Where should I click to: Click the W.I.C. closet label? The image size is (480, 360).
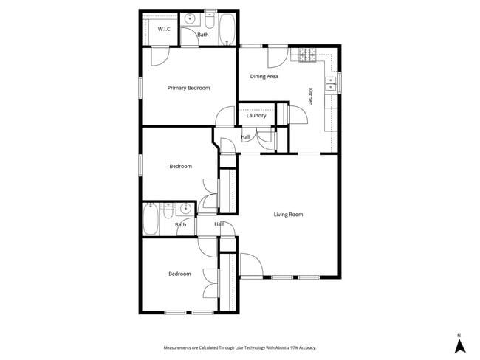[164, 30]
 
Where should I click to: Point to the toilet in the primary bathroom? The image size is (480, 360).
[210, 18]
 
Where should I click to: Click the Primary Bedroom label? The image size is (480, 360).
[188, 88]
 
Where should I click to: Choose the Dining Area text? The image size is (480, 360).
[264, 76]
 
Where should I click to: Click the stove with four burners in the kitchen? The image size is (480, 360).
[307, 55]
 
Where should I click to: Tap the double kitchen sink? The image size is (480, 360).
[330, 82]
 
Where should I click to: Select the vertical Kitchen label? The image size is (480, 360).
[311, 97]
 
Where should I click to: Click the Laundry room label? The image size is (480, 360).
[256, 115]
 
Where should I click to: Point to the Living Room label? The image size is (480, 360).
[289, 215]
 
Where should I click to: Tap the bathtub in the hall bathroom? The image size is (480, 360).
[150, 219]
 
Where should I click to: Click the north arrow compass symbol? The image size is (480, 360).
[459, 345]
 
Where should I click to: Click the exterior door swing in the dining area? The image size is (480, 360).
[278, 55]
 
